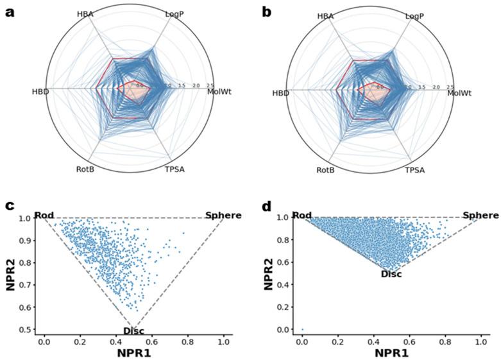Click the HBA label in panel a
[85, 13]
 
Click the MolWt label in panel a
[219, 92]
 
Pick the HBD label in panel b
[280, 93]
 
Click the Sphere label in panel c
[223, 215]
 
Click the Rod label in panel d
[301, 215]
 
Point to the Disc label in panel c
[134, 331]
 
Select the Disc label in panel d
[391, 274]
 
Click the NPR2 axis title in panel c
[11, 273]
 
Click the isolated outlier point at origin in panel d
[302, 330]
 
